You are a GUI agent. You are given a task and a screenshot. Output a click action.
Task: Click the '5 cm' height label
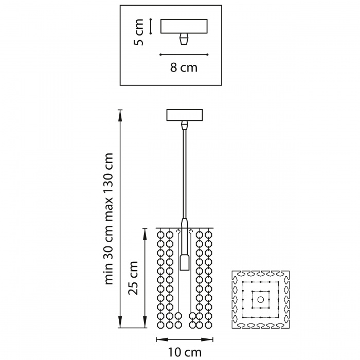pos(137,32)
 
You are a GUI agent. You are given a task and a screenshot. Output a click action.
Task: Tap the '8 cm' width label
pos(184,67)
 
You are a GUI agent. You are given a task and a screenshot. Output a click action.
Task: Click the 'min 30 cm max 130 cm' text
pos(109,219)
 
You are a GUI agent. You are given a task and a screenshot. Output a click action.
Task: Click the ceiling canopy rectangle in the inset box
pos(184,26)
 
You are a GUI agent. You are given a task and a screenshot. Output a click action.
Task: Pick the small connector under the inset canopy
pos(184,40)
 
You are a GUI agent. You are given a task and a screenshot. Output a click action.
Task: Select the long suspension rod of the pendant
pos(184,175)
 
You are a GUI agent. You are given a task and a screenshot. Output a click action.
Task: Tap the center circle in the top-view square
pos(260,299)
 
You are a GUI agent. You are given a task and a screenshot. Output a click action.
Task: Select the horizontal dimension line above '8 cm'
pos(184,54)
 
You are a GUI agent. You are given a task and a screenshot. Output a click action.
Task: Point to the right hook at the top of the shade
pos(191,232)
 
